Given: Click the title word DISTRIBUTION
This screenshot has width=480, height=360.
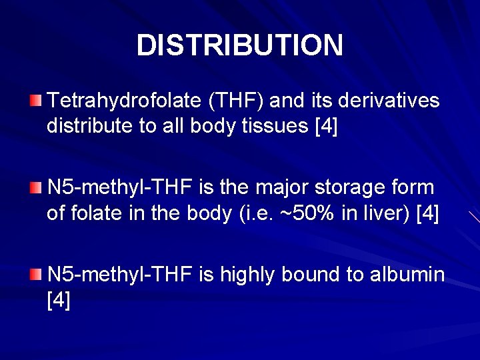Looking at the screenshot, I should tap(239, 45).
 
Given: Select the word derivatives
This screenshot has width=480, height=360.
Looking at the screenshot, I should tap(389, 101).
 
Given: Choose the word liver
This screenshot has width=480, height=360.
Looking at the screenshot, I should tap(382, 213).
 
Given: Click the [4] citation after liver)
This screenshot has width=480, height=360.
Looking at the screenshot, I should tap(427, 213).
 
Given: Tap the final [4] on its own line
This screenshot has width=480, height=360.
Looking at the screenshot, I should tap(59, 300).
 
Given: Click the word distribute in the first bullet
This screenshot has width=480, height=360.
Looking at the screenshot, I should tap(89, 127).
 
